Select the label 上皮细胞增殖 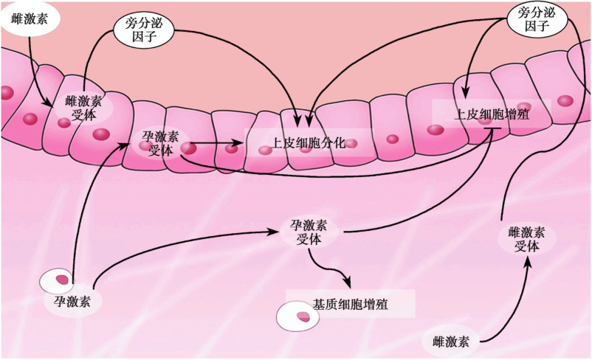pos(492,115)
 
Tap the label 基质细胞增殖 pos(351,304)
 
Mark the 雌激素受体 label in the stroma pos(528,240)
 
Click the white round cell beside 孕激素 pos(58,283)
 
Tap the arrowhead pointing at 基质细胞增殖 pos(344,287)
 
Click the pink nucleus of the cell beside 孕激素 pos(64,281)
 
